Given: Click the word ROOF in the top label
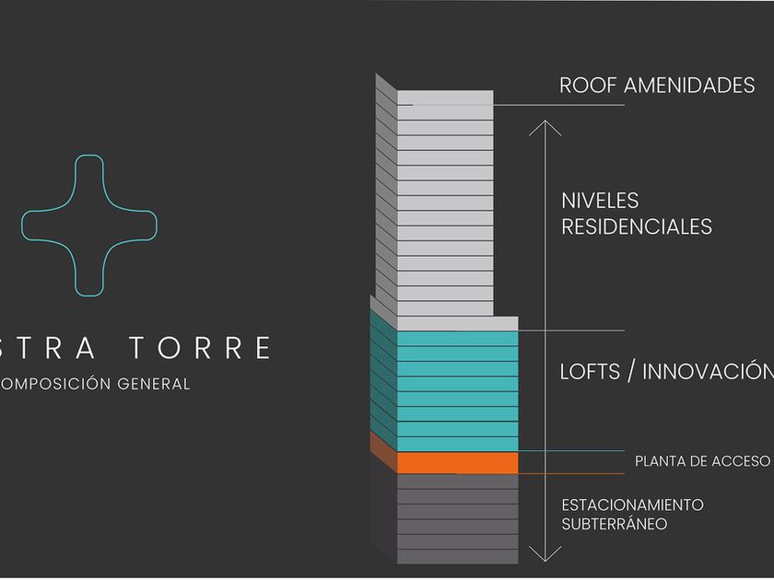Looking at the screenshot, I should click(x=588, y=86).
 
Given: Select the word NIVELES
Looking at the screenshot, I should click(x=600, y=201).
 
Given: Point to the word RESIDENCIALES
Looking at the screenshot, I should click(x=637, y=226).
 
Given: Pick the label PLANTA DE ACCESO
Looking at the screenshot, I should click(x=702, y=461).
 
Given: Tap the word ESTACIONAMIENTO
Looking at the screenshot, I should click(x=632, y=505).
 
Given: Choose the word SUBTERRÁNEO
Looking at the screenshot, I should click(x=615, y=524).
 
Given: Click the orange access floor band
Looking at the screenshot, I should click(x=457, y=462).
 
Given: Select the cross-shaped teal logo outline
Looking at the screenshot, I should click(x=89, y=226).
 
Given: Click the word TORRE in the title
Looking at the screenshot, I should click(x=200, y=348).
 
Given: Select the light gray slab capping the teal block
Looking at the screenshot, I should click(x=457, y=324).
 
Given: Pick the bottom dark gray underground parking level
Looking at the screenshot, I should click(x=457, y=556).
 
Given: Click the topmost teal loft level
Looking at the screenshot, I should click(x=457, y=340).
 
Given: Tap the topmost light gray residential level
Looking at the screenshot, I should click(x=445, y=98).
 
